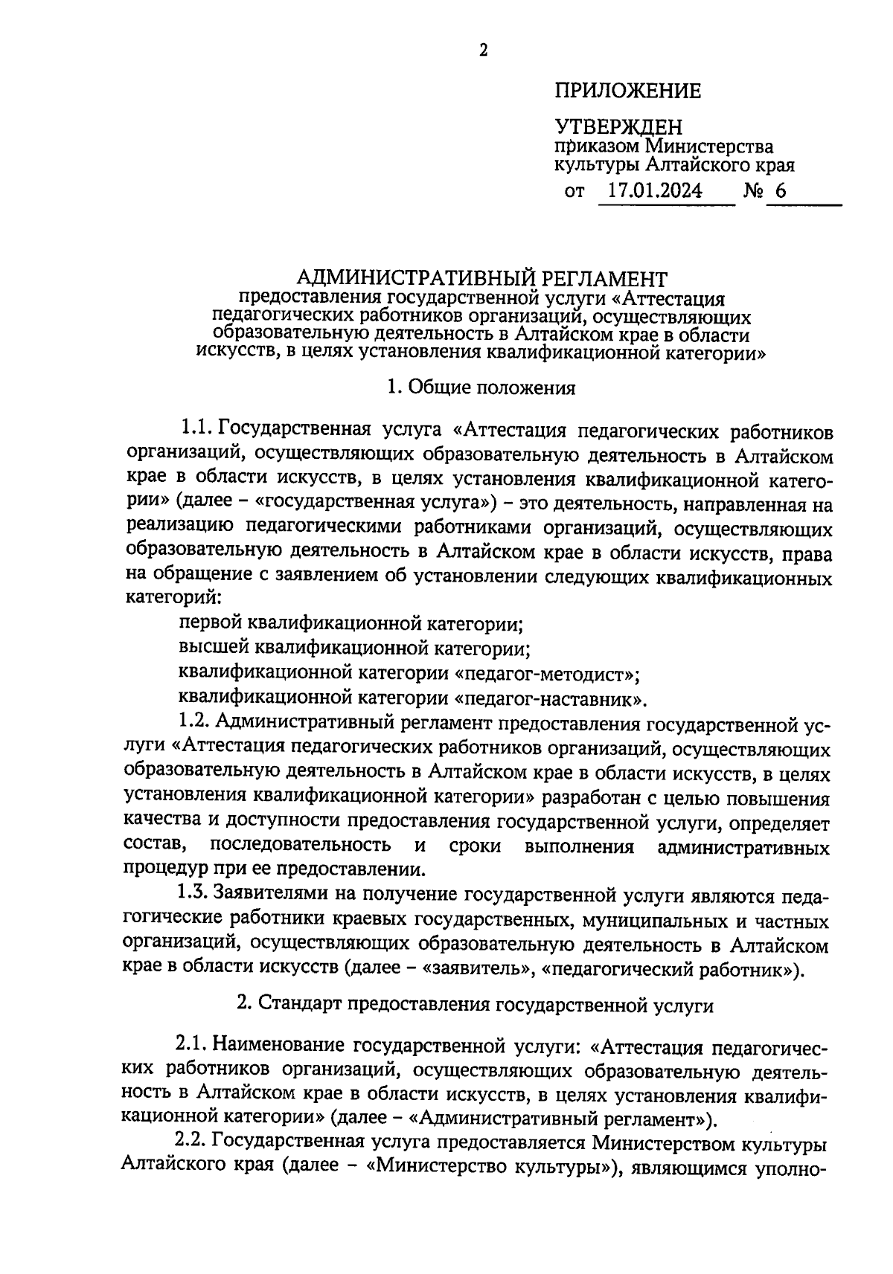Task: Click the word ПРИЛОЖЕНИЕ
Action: [x=627, y=91]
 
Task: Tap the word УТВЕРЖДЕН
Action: [x=618, y=127]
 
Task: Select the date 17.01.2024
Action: [x=654, y=191]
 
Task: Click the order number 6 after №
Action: [x=780, y=191]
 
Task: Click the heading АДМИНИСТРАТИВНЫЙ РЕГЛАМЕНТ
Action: [x=481, y=279]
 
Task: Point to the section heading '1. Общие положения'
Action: [x=481, y=387]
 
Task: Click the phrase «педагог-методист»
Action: [x=547, y=674]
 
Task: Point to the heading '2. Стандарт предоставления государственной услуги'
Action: [x=475, y=1006]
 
